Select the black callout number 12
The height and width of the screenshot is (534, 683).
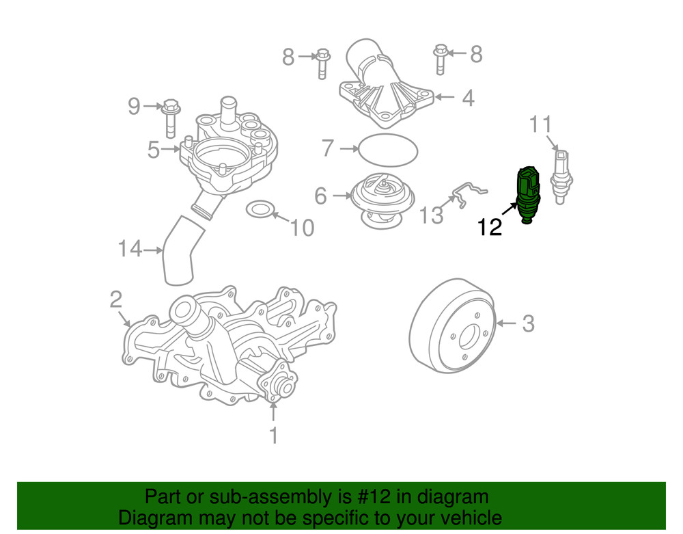490,228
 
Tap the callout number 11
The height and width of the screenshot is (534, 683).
540,124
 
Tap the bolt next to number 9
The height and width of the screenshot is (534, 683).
170,118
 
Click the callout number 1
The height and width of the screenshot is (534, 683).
273,435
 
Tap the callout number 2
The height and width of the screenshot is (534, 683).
115,299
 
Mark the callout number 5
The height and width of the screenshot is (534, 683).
154,149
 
